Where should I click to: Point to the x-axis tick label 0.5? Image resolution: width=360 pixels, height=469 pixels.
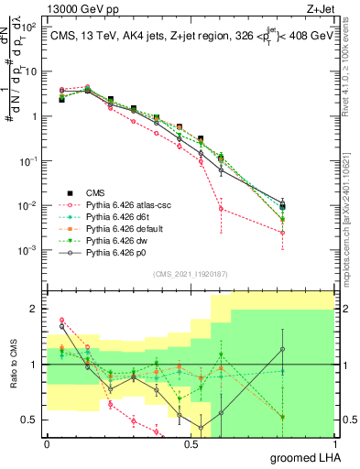pyautogui.click(x=193, y=443)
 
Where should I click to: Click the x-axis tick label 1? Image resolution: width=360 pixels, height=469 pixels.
pyautogui.click(x=341, y=443)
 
